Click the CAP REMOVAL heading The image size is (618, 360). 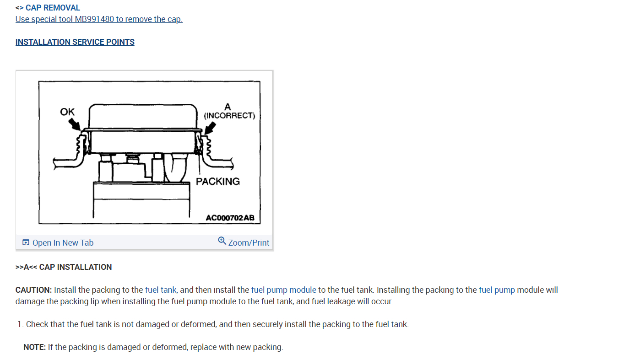(53, 8)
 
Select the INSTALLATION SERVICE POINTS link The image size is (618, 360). (75, 42)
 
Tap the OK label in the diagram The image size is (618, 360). (67, 112)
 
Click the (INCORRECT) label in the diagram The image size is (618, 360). (229, 116)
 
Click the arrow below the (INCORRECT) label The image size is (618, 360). (209, 129)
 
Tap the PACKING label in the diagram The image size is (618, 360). (218, 182)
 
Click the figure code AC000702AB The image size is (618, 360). (230, 218)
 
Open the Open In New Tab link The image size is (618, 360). (63, 243)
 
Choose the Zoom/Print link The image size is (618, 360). (249, 243)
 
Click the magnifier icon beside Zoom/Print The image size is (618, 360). (222, 241)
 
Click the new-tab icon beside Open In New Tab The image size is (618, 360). (26, 242)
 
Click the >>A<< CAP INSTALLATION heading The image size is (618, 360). (64, 267)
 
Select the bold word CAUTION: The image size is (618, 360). (34, 290)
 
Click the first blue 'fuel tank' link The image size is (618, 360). (160, 290)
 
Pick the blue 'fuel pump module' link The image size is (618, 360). (283, 290)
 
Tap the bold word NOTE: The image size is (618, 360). (35, 347)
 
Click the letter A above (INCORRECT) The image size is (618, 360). (228, 107)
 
